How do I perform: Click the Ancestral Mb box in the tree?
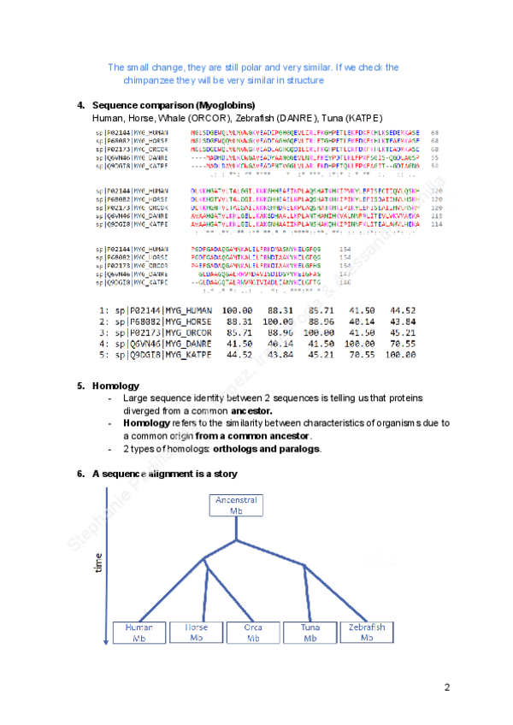(237, 504)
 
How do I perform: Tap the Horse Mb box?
(196, 633)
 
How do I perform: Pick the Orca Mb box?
(253, 633)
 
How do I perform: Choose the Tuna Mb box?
(310, 633)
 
